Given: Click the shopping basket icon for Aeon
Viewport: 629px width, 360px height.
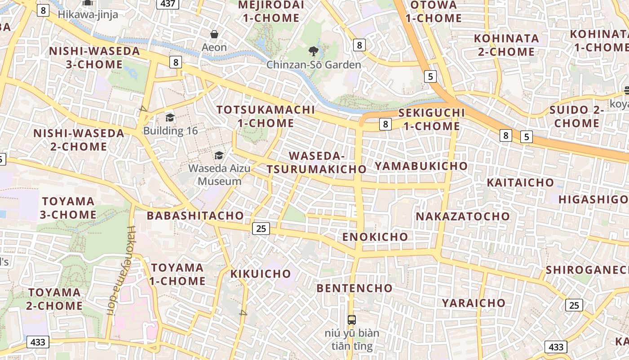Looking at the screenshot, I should click(x=214, y=34).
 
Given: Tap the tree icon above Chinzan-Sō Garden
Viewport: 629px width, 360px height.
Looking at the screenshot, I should click(x=313, y=51).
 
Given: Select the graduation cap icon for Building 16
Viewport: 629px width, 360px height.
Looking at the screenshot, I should click(x=170, y=118).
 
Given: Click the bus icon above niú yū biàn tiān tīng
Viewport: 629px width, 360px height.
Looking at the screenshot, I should click(x=352, y=320).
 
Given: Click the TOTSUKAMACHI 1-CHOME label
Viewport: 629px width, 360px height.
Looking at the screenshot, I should click(x=266, y=116).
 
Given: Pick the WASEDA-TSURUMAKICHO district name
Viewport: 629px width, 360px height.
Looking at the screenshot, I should click(x=317, y=162).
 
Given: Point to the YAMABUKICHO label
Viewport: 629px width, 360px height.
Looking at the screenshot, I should click(x=421, y=166).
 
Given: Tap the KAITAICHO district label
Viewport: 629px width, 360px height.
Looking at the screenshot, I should click(x=521, y=183).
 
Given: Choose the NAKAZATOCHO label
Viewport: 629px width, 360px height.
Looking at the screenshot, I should click(x=463, y=216).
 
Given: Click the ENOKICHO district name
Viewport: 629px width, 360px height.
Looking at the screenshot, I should click(x=375, y=237).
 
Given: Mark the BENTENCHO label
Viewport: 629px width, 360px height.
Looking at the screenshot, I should click(x=354, y=288).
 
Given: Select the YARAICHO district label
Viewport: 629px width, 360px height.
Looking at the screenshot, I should click(x=474, y=303).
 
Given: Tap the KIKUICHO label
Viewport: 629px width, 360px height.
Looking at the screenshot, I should click(x=261, y=274).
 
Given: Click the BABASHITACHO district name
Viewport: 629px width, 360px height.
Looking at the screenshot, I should click(x=195, y=216).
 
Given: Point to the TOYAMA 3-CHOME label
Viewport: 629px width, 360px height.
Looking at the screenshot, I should click(x=68, y=207).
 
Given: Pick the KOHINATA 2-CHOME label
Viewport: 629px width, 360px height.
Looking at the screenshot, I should click(x=506, y=45).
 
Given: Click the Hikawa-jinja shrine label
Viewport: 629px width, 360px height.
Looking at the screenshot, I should click(x=88, y=14).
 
